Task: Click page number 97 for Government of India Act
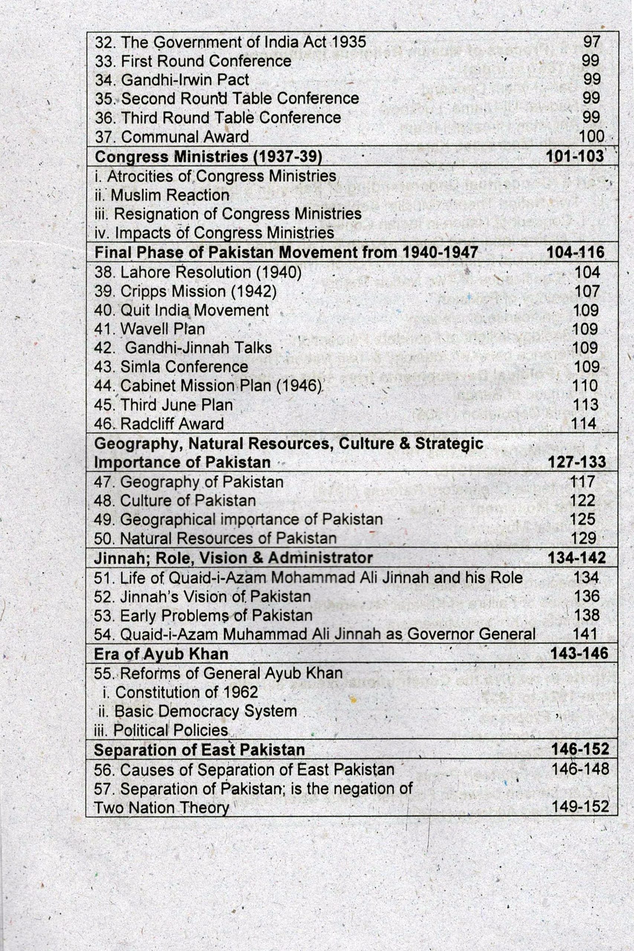coord(592,42)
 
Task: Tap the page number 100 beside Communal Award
coord(591,136)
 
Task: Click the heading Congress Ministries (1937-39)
coord(208,156)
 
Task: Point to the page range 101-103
coord(575,156)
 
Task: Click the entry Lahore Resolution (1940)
coord(198,273)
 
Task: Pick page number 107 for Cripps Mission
coord(587,291)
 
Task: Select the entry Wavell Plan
coord(149,329)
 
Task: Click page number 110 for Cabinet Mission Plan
coord(585,386)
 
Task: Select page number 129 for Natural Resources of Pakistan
coord(583,538)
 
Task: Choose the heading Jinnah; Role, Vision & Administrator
coord(233,558)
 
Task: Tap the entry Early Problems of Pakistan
coord(203,616)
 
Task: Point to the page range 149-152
coord(580,807)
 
